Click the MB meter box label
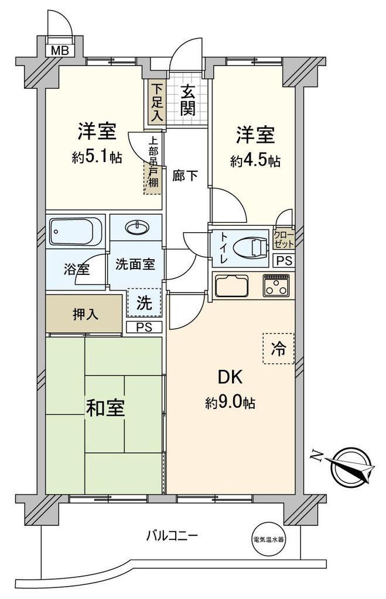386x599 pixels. click(x=60, y=50)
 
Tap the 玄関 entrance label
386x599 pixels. click(x=188, y=101)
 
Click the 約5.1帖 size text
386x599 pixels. click(x=97, y=157)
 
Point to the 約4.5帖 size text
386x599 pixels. click(x=255, y=161)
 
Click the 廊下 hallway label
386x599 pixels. click(x=185, y=175)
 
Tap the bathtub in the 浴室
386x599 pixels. click(x=76, y=232)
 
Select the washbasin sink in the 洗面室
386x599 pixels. click(x=137, y=228)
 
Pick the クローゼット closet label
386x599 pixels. click(x=284, y=239)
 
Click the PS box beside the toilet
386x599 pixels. click(x=284, y=260)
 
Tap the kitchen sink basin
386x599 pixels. click(x=232, y=285)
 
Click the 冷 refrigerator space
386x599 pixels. click(x=278, y=348)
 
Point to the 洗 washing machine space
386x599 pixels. click(x=144, y=302)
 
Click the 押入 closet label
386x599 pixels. click(x=86, y=314)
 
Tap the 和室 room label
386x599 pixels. click(x=105, y=408)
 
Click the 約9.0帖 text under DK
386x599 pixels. click(x=230, y=402)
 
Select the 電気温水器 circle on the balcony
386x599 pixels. click(x=269, y=540)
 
